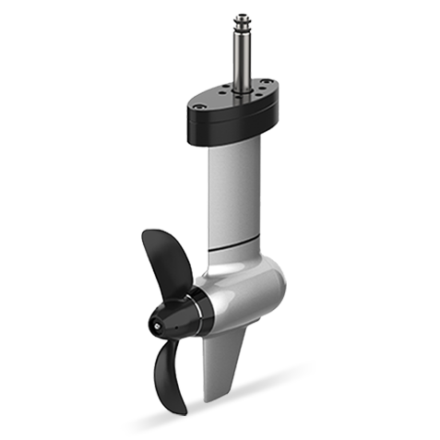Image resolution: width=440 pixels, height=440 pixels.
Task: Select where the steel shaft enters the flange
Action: (247, 89)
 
